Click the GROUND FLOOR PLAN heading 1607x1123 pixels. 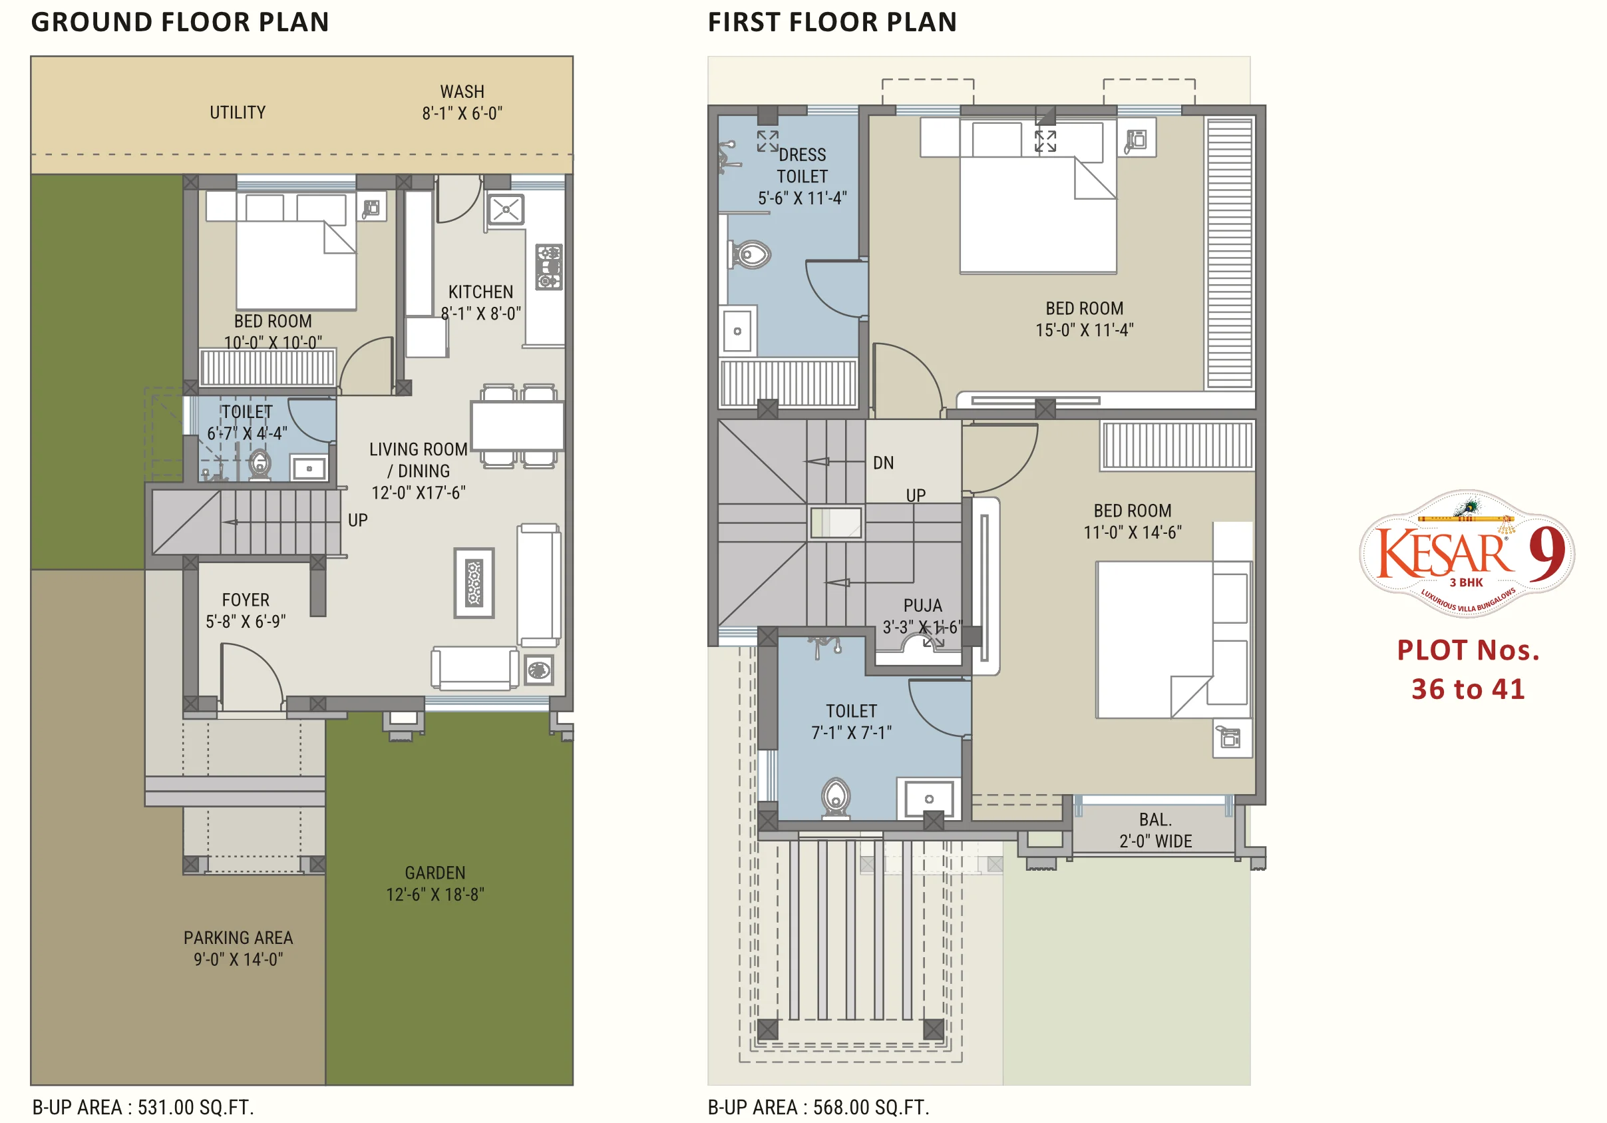point(180,23)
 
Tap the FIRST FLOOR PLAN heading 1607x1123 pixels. point(832,23)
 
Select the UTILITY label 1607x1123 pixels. point(238,112)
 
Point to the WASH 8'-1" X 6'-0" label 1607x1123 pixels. point(462,103)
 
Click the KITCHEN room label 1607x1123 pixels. point(481,292)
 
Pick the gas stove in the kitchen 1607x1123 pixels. point(549,267)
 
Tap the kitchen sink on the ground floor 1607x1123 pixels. point(506,209)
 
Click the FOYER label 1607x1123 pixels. point(246,600)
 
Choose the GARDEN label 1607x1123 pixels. point(435,873)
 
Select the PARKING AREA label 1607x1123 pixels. point(238,937)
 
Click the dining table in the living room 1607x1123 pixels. point(517,425)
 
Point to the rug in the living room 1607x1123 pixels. point(474,582)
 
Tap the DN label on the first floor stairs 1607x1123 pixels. point(883,463)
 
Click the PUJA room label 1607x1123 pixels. point(922,606)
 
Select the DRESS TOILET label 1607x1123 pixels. point(802,165)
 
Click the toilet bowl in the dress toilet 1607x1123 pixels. point(750,254)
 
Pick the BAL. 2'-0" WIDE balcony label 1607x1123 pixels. point(1156,830)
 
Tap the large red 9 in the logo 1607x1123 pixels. point(1546,553)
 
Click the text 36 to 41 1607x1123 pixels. point(1468,690)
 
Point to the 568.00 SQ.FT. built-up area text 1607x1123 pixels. point(870,1108)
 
